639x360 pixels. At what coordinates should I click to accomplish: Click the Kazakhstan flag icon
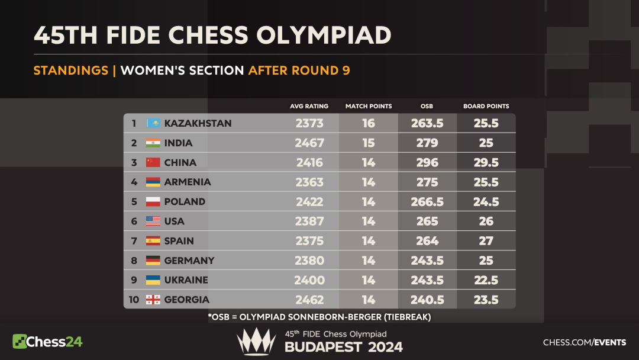click(x=153, y=123)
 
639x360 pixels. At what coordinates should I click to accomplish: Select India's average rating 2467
click(x=309, y=143)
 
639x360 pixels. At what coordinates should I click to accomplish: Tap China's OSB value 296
click(x=427, y=162)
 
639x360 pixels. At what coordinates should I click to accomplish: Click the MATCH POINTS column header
click(x=369, y=107)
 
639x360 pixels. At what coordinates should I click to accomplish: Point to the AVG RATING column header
click(x=309, y=107)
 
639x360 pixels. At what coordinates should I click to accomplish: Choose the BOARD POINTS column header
click(x=486, y=107)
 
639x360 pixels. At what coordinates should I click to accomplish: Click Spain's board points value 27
click(x=486, y=241)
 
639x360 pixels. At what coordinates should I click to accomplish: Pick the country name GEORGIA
click(x=187, y=300)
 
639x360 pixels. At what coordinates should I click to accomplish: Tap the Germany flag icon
click(x=153, y=261)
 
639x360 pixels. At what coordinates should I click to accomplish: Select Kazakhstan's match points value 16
click(x=369, y=123)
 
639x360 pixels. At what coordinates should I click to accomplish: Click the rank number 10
click(x=134, y=300)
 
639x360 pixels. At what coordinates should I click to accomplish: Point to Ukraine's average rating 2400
click(x=309, y=280)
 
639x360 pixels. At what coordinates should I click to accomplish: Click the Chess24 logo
click(x=47, y=342)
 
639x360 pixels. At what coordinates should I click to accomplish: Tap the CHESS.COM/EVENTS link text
click(x=585, y=342)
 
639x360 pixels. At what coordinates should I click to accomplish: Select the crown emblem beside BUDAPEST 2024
click(x=256, y=342)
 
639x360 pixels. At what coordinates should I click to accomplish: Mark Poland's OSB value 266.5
click(x=427, y=202)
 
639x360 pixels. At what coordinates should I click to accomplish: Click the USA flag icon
click(x=153, y=221)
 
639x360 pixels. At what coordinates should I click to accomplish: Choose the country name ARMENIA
click(x=188, y=182)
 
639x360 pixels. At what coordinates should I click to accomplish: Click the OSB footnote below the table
click(x=319, y=317)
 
